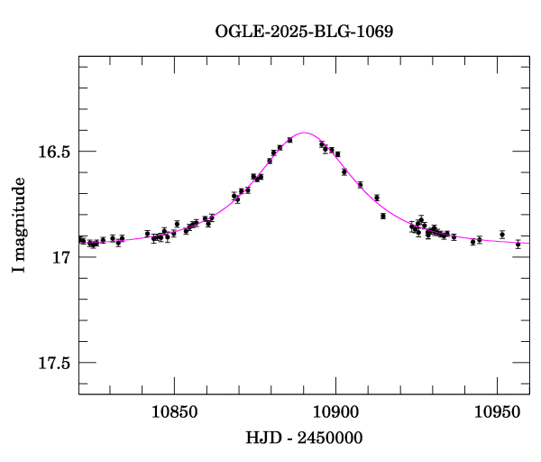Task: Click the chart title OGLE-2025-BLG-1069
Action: (x=304, y=32)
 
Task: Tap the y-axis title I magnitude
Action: (x=19, y=226)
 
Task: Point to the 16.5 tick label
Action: (x=53, y=152)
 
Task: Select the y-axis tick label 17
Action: (x=62, y=257)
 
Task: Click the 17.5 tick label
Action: (x=53, y=363)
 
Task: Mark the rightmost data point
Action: (x=518, y=244)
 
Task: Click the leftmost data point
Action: (x=81, y=240)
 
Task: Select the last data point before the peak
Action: (x=290, y=140)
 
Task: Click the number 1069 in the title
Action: (x=375, y=32)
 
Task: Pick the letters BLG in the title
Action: (x=329, y=32)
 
